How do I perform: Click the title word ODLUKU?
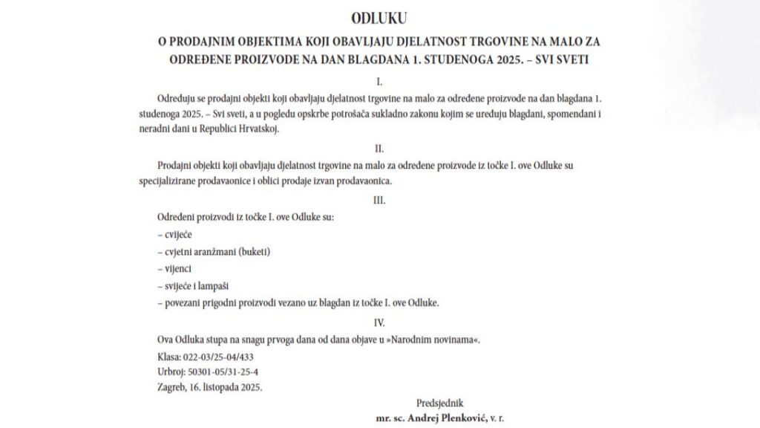(x=379, y=16)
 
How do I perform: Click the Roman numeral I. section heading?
(x=379, y=80)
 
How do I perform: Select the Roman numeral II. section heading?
(x=379, y=148)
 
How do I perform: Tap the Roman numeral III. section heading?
(x=379, y=201)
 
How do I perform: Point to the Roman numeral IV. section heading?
(x=379, y=322)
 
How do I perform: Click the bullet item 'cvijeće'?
(x=177, y=234)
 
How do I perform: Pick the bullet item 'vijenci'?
(x=177, y=268)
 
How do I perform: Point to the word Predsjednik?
(x=443, y=403)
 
